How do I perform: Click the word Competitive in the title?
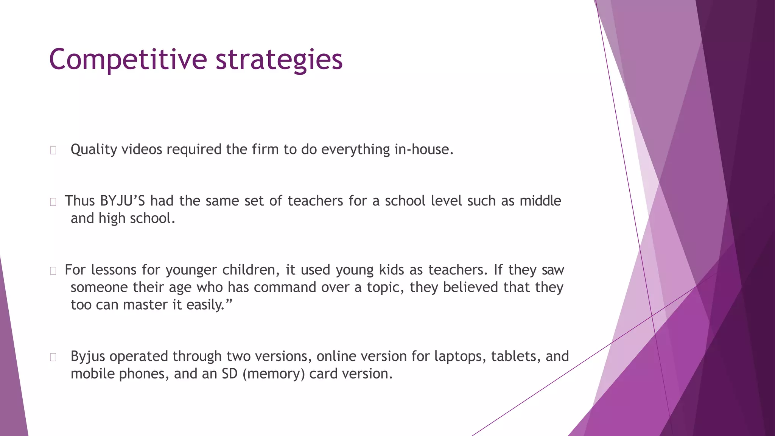point(128,60)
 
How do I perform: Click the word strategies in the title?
point(279,60)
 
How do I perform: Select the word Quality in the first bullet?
point(94,149)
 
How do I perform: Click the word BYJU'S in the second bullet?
point(122,201)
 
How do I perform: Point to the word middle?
point(540,201)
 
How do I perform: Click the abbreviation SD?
point(229,374)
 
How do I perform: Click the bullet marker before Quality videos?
point(53,151)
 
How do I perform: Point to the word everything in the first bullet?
point(355,149)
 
